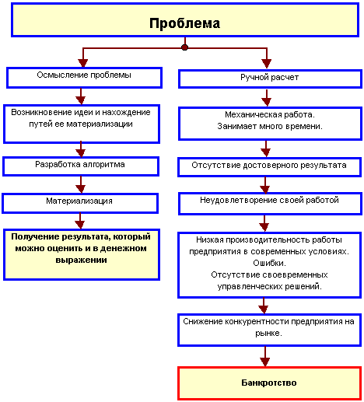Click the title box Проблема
tap(185, 20)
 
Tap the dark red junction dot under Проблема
tap(184, 47)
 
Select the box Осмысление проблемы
tap(84, 78)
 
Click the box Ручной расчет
tap(270, 79)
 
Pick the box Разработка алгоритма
tap(81, 166)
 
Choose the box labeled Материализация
tap(80, 203)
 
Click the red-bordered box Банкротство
tap(269, 383)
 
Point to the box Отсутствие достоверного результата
tap(269, 167)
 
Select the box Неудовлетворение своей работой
tap(270, 204)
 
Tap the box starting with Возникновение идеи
tap(82, 124)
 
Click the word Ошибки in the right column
tap(269, 263)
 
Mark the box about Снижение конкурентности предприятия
tap(269, 330)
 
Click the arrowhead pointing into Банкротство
tap(264, 362)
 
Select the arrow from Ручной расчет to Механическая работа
tap(267, 98)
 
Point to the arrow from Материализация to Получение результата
tap(80, 221)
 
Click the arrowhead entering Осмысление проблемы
tap(83, 63)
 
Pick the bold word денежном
tap(123, 248)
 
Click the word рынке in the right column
tap(268, 334)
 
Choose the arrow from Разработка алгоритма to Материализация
tap(81, 184)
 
